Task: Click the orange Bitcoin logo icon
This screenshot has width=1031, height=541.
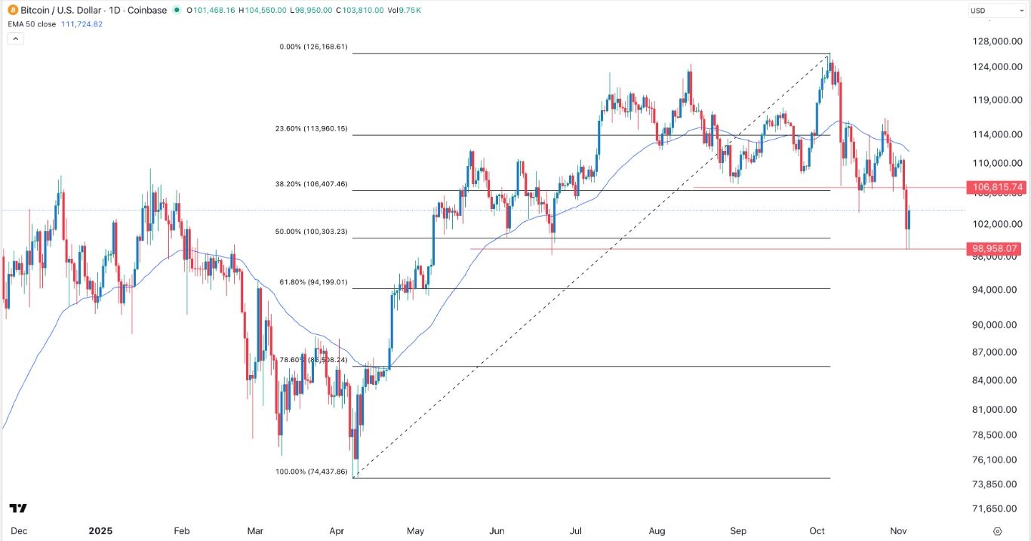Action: (x=9, y=11)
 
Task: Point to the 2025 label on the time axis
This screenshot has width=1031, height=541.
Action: (x=100, y=530)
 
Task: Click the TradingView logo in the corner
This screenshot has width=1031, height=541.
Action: (x=19, y=509)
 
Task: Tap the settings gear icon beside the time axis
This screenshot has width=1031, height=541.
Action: (x=998, y=530)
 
